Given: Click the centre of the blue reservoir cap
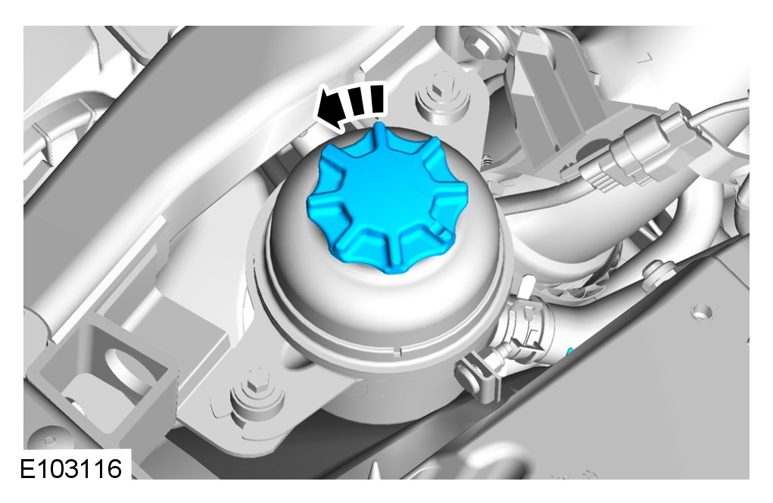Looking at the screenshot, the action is tap(388, 197).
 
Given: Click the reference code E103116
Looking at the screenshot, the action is tap(71, 468).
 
